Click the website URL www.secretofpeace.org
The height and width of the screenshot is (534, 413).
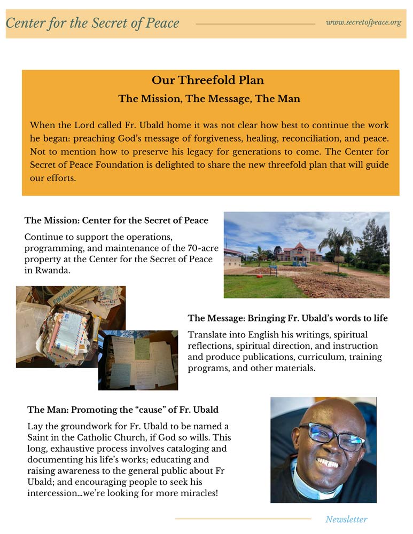pyautogui.click(x=363, y=22)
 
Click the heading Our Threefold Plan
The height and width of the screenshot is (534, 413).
pyautogui.click(x=208, y=80)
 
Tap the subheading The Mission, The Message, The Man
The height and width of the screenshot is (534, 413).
pyautogui.click(x=209, y=98)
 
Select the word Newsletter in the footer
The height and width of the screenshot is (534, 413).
pyautogui.click(x=346, y=519)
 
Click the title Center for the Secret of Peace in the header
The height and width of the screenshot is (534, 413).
pyautogui.click(x=92, y=23)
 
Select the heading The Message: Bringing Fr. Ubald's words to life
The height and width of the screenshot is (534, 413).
pyautogui.click(x=287, y=318)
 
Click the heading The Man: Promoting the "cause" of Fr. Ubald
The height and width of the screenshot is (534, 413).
pyautogui.click(x=123, y=410)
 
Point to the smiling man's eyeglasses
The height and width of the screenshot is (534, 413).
pyautogui.click(x=331, y=435)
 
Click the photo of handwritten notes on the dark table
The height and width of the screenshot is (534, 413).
pyautogui.click(x=138, y=360)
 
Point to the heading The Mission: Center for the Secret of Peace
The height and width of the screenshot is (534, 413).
pyautogui.click(x=116, y=221)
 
